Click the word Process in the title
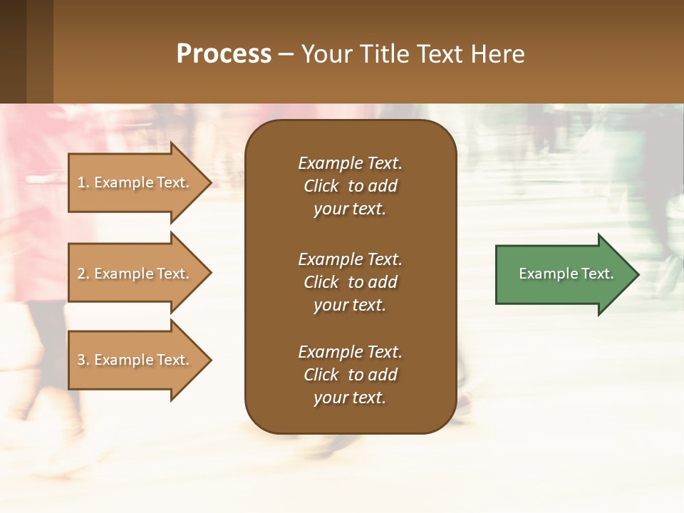(x=224, y=54)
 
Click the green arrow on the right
(x=563, y=274)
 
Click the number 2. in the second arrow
(x=83, y=274)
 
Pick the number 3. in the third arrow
(x=83, y=360)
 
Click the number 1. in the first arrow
(x=83, y=182)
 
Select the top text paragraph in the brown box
(x=350, y=186)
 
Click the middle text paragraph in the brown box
(x=350, y=281)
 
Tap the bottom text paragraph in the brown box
(x=350, y=375)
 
